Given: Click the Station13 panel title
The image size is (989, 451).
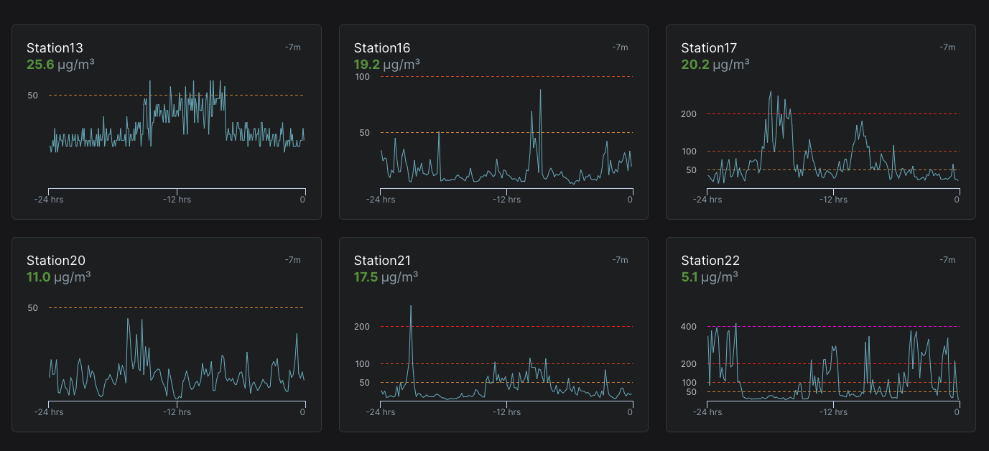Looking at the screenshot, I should [55, 48].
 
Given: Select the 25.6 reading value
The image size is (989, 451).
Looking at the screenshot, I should [40, 64].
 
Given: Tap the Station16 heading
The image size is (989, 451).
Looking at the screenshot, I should [382, 48].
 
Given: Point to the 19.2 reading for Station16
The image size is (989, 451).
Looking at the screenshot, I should [366, 64].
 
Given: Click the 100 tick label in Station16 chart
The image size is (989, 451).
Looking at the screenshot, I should [362, 77].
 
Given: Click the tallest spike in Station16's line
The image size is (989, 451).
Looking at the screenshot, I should [540, 90].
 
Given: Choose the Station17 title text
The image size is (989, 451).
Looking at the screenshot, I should [709, 48].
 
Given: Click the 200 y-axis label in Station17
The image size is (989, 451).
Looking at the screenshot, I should [689, 114].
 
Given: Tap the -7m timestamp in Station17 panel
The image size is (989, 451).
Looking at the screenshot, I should [947, 47].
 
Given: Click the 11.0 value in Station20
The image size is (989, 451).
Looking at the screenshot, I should [39, 276].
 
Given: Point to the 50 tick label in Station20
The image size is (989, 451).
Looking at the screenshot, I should [33, 308].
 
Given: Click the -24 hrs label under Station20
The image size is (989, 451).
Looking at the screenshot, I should [49, 412].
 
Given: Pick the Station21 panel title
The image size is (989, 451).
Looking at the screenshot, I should [382, 261].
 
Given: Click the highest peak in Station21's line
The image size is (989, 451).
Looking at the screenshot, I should [411, 307].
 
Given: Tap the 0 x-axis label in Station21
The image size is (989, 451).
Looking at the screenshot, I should [630, 412].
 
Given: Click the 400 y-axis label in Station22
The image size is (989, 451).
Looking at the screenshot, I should [689, 327].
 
